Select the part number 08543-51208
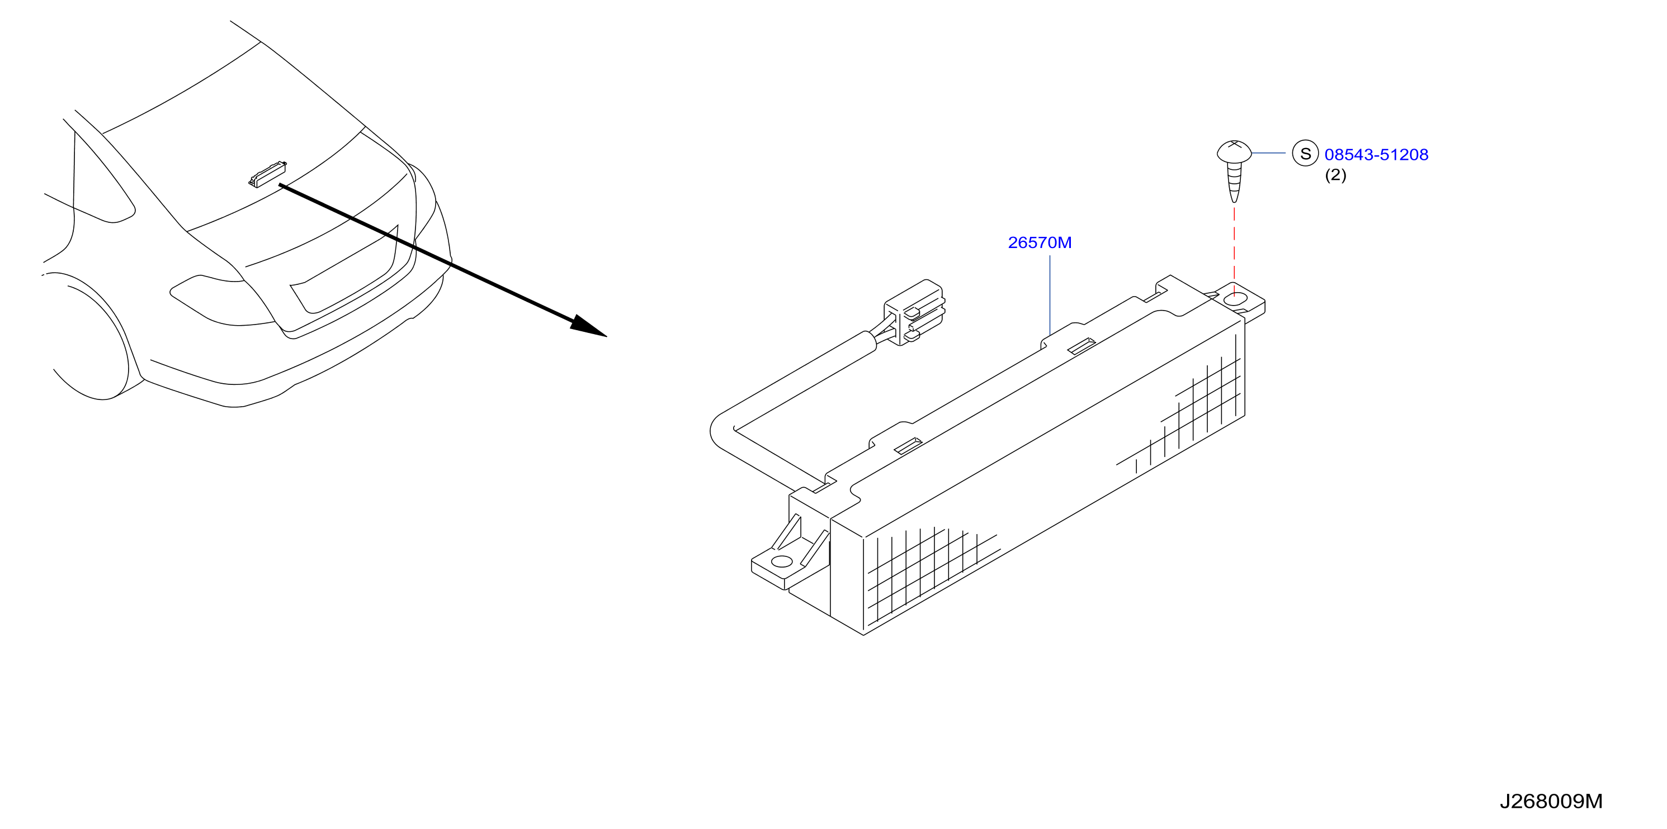[x=1376, y=155]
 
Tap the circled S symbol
[x=1305, y=153]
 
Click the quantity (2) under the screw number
[x=1336, y=175]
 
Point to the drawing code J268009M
[x=1551, y=801]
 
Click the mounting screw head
[x=1234, y=153]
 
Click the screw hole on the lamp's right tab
[x=1236, y=299]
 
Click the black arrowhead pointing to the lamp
[x=587, y=327]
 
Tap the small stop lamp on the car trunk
[x=267, y=173]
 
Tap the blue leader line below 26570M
[x=1050, y=294]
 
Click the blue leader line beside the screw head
[x=1268, y=153]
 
